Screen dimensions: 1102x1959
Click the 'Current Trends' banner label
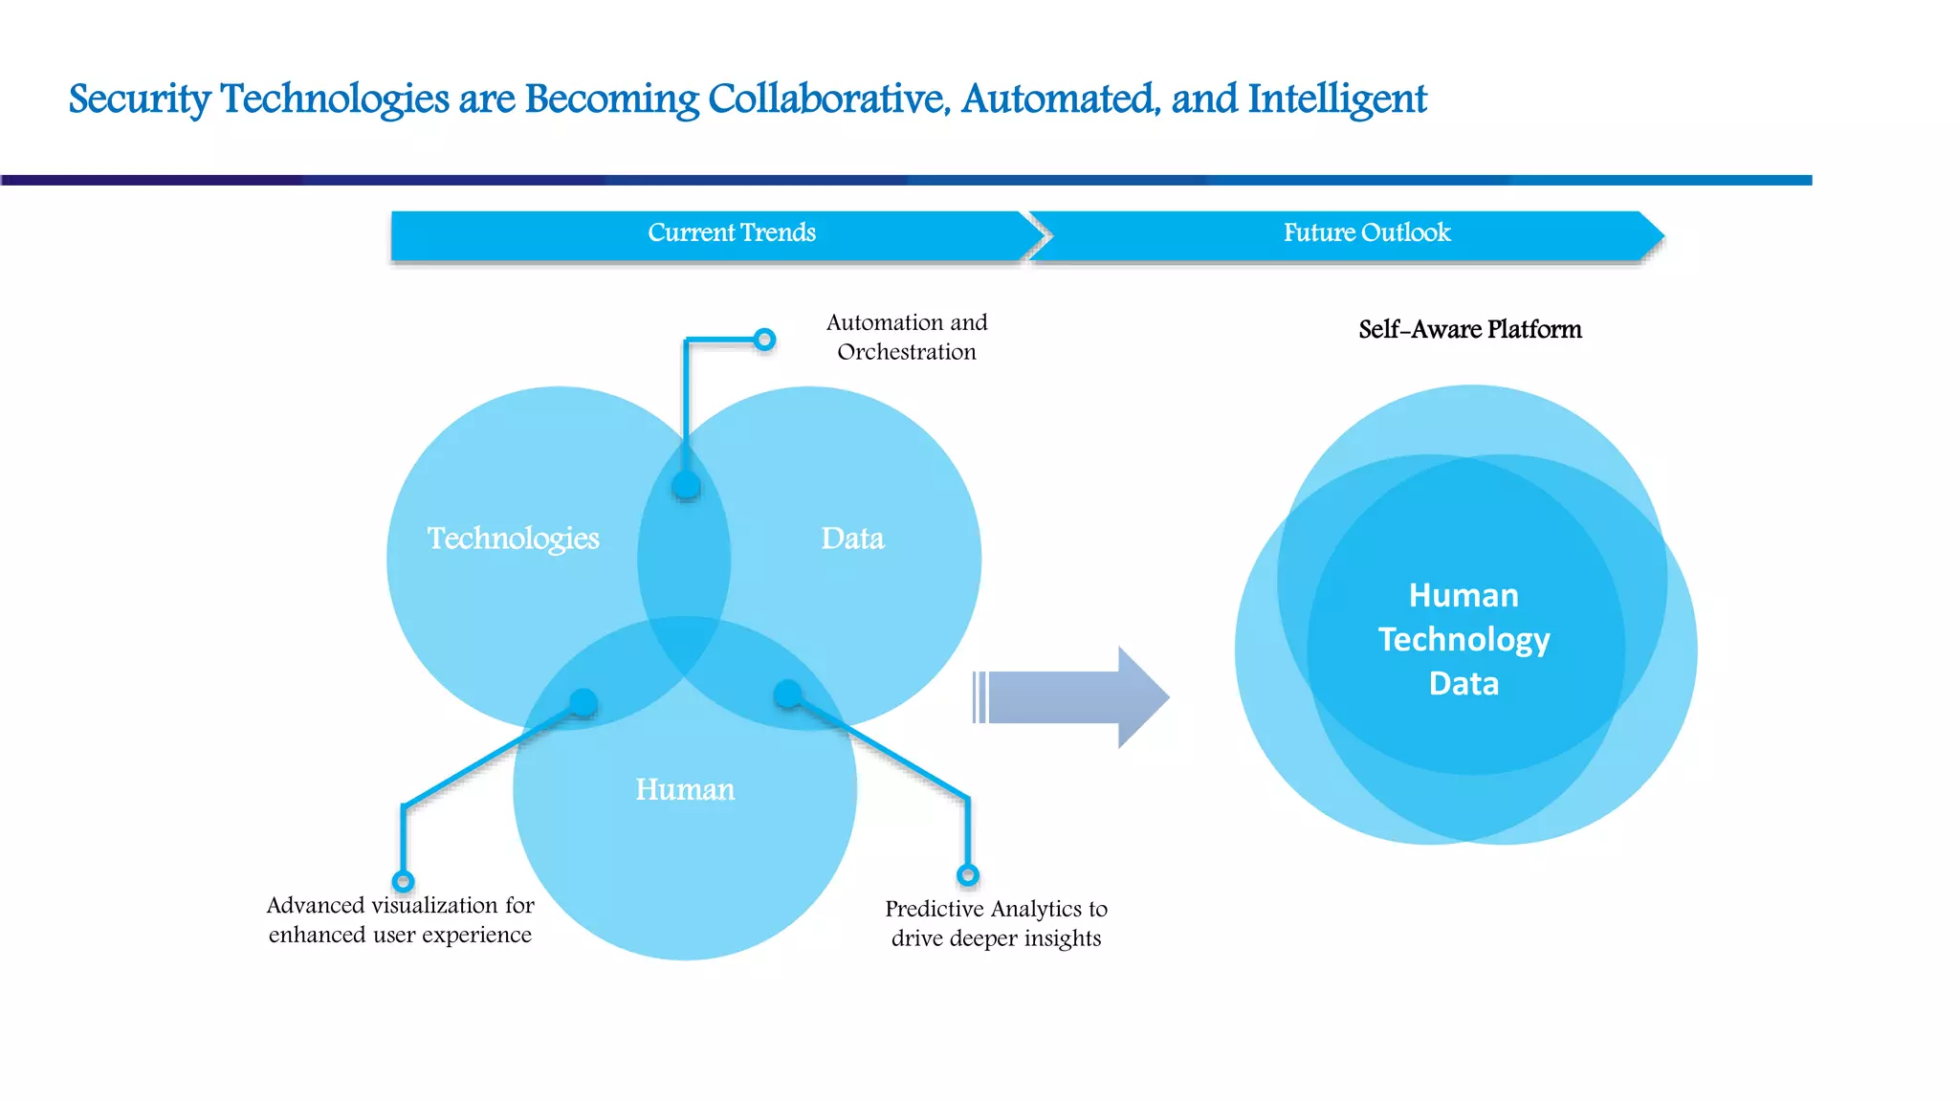point(732,233)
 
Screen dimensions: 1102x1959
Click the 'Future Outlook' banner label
point(1367,233)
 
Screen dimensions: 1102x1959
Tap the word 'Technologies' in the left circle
point(513,539)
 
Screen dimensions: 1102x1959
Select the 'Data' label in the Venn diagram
point(852,539)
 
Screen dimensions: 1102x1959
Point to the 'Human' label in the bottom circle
point(685,790)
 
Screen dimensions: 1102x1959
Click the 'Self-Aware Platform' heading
point(1469,330)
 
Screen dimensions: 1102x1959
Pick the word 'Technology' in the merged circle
point(1464,639)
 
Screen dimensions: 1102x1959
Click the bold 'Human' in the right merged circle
point(1464,595)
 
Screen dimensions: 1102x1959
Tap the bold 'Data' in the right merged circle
point(1464,684)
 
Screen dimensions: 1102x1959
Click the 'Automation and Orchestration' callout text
point(907,338)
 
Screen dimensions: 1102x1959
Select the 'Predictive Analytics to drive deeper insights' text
point(996,923)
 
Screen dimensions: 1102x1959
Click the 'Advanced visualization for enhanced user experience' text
point(400,920)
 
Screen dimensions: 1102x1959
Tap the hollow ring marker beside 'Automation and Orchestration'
point(764,340)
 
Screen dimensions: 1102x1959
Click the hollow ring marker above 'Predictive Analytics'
point(968,875)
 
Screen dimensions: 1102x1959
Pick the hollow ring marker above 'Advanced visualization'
point(403,881)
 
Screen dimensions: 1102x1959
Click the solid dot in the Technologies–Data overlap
point(686,486)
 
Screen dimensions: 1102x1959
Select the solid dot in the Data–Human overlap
point(787,694)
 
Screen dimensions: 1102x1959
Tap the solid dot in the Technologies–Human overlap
point(583,703)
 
